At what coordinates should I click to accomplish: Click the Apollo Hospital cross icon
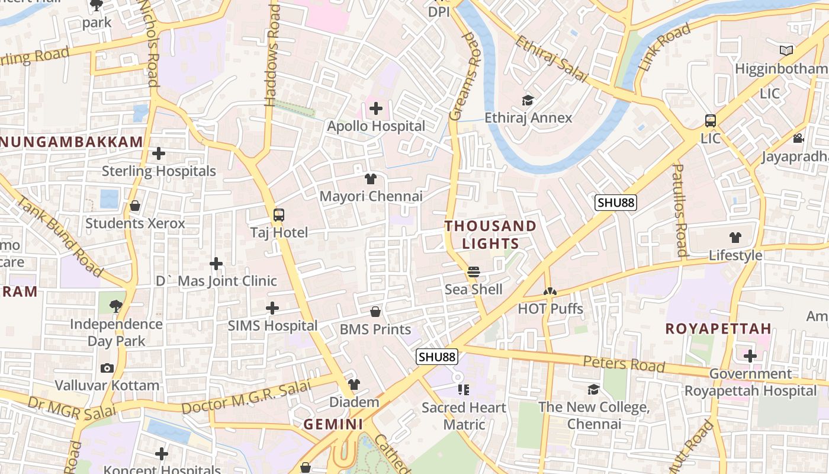(x=375, y=108)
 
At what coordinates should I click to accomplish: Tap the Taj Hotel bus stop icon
(x=279, y=215)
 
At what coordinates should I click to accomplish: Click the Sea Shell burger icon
(x=473, y=272)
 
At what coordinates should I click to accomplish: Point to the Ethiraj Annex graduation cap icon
(x=528, y=100)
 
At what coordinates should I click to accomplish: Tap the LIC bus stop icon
(x=711, y=121)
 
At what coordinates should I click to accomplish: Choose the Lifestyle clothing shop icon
(x=735, y=238)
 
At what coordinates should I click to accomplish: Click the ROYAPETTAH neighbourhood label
(x=718, y=329)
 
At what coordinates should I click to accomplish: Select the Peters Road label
(x=624, y=364)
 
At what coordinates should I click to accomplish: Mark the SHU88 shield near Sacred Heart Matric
(x=437, y=357)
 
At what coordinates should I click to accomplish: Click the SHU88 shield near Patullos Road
(x=616, y=203)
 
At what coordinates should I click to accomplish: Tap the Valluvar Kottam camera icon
(x=107, y=368)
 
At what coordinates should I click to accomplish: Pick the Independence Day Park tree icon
(x=116, y=306)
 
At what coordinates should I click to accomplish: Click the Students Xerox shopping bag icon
(x=135, y=206)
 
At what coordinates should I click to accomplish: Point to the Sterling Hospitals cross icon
(x=159, y=153)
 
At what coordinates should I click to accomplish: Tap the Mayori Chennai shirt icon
(x=371, y=178)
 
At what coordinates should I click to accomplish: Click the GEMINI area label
(x=333, y=424)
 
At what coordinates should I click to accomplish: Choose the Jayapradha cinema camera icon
(x=798, y=139)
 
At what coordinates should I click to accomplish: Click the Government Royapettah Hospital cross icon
(x=750, y=356)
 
